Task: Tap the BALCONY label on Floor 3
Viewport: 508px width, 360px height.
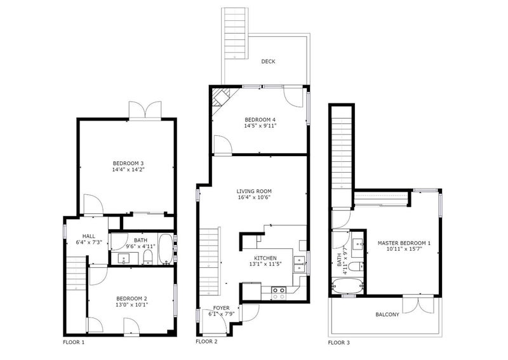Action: pyautogui.click(x=387, y=314)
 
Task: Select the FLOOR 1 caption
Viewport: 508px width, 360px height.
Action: pyautogui.click(x=73, y=342)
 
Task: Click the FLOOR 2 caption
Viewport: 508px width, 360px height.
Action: pyautogui.click(x=206, y=342)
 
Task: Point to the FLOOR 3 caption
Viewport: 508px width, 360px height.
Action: pyautogui.click(x=338, y=342)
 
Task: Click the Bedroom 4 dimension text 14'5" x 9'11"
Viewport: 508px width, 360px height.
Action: pyautogui.click(x=260, y=126)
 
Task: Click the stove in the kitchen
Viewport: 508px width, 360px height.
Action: pyautogui.click(x=278, y=292)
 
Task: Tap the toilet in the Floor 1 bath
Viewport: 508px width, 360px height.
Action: pyautogui.click(x=147, y=257)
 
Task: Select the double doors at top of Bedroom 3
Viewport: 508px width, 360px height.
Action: pyautogui.click(x=145, y=110)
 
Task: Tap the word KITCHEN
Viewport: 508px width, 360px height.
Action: pyautogui.click(x=265, y=258)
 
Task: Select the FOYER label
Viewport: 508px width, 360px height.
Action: pyautogui.click(x=221, y=307)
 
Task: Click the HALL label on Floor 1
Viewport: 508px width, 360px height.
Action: pyautogui.click(x=79, y=234)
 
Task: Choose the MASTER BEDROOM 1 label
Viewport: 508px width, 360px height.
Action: pyautogui.click(x=404, y=243)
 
